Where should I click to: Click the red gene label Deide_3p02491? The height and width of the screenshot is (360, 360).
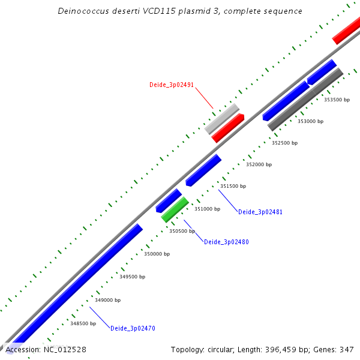tap(171, 85)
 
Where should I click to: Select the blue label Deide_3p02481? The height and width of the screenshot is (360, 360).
tap(260, 212)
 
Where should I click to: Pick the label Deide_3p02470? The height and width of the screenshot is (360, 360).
tap(133, 328)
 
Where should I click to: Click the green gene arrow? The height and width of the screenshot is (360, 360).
tap(175, 209)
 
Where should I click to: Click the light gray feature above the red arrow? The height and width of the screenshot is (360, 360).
tap(221, 119)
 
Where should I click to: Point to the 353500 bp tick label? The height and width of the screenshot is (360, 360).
tap(337, 100)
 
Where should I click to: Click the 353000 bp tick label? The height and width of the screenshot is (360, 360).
tap(310, 121)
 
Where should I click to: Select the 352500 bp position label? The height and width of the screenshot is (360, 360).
tap(284, 143)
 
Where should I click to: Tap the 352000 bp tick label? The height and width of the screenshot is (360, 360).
tap(259, 164)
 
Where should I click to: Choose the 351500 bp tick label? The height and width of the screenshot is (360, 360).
tap(233, 186)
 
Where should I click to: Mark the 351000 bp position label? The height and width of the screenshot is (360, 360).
tap(207, 209)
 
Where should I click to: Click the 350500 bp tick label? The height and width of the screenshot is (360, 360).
tap(182, 231)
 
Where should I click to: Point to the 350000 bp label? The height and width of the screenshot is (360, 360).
tap(157, 254)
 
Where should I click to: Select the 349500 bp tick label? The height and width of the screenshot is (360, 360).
tap(132, 277)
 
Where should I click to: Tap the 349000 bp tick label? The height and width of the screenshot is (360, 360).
tap(107, 300)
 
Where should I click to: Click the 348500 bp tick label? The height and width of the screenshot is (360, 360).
tap(83, 323)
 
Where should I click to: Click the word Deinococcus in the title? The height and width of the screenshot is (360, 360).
tap(86, 11)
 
